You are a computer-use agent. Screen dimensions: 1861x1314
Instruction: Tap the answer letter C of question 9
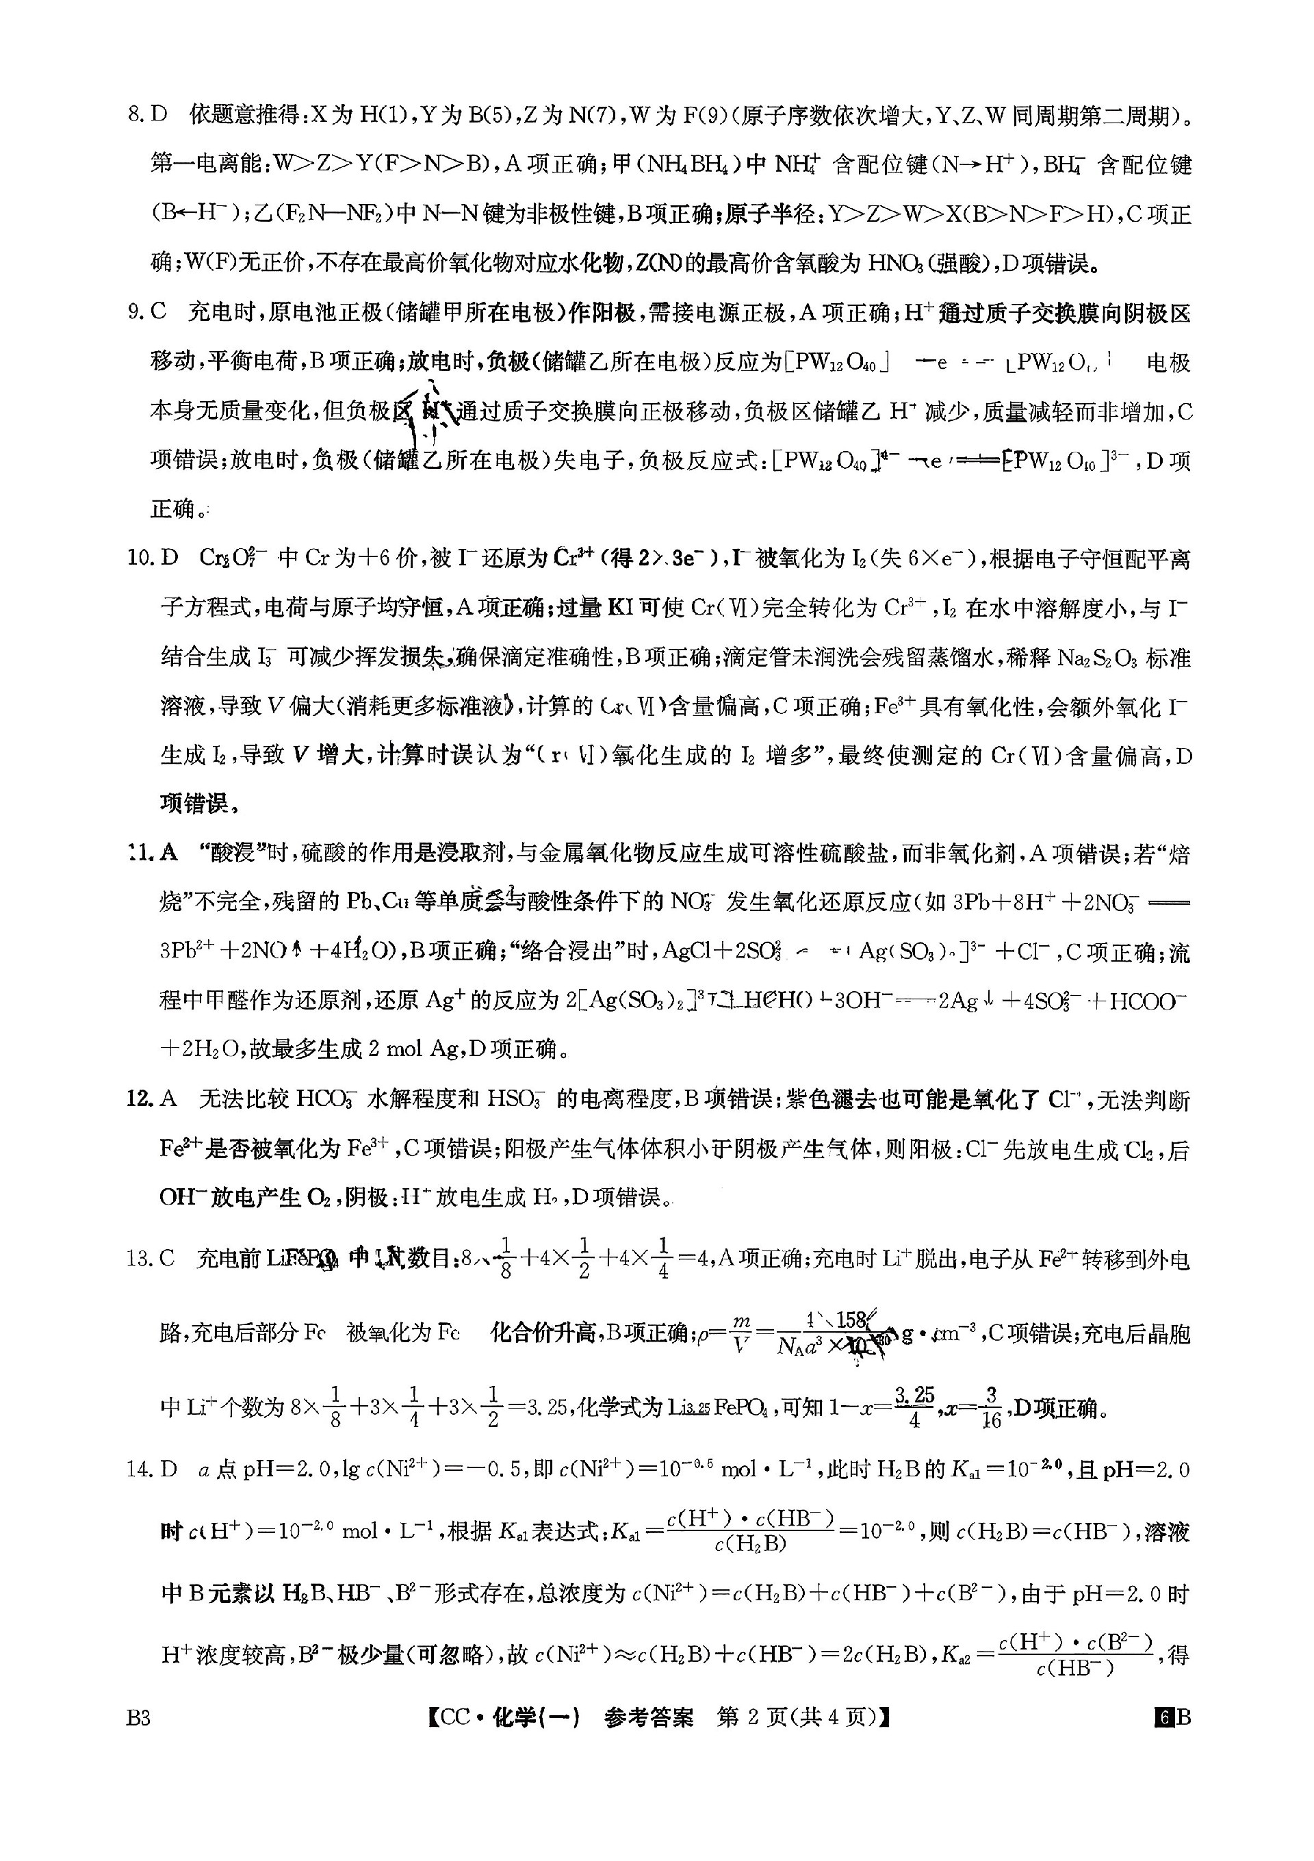pos(159,312)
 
